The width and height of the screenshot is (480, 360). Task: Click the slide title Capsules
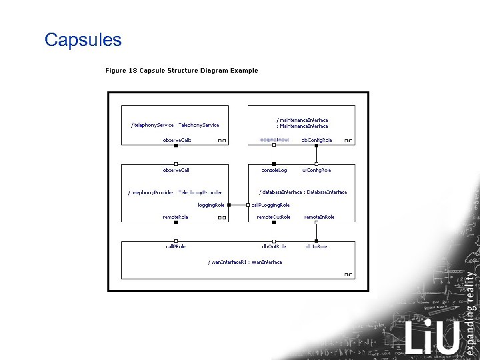[83, 40]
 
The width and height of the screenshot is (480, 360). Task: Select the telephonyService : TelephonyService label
[175, 125]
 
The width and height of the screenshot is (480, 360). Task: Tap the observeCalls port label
[177, 140]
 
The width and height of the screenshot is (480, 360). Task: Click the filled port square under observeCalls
[176, 145]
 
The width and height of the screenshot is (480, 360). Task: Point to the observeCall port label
[177, 171]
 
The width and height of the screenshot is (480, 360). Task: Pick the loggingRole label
[212, 205]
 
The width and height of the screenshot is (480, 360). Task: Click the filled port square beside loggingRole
[229, 205]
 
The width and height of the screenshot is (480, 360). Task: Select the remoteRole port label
[175, 217]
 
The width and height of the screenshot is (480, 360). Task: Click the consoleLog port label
[273, 171]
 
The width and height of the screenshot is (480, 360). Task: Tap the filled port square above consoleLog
[273, 164]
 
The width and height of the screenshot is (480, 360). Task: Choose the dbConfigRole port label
[317, 140]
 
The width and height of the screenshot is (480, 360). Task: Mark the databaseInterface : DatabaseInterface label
[303, 192]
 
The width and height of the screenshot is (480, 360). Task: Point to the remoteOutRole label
[273, 217]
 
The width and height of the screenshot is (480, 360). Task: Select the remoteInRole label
[319, 217]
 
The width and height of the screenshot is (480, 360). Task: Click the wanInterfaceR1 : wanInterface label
[245, 262]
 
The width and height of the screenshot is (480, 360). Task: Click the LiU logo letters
[432, 337]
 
